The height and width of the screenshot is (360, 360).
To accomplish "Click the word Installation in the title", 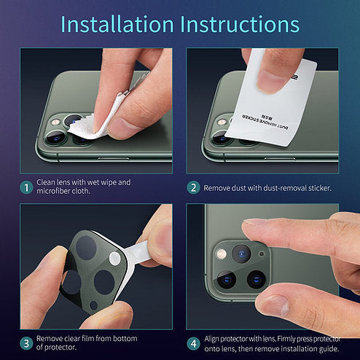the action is [117, 24].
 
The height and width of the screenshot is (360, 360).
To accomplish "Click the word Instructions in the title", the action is [240, 24].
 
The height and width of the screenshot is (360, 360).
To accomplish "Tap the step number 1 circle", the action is [26, 187].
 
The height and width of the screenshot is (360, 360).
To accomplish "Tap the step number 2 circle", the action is [193, 187].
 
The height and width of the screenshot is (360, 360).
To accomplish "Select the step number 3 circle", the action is [26, 343].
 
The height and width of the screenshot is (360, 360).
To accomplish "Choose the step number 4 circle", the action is [193, 343].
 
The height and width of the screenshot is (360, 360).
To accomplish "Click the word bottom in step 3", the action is [125, 338].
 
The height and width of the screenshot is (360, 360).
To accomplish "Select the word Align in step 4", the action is [211, 339].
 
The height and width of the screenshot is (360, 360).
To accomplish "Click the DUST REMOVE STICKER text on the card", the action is [265, 122].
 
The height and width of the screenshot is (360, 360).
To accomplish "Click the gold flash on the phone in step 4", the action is [221, 254].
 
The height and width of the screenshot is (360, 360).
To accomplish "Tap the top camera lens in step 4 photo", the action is [241, 254].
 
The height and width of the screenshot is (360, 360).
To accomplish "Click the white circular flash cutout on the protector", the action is [114, 258].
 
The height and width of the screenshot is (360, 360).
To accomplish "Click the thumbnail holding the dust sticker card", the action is [270, 81].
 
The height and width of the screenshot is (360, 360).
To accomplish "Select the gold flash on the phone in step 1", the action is [56, 122].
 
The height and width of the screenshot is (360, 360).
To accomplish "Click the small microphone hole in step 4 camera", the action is [262, 254].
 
